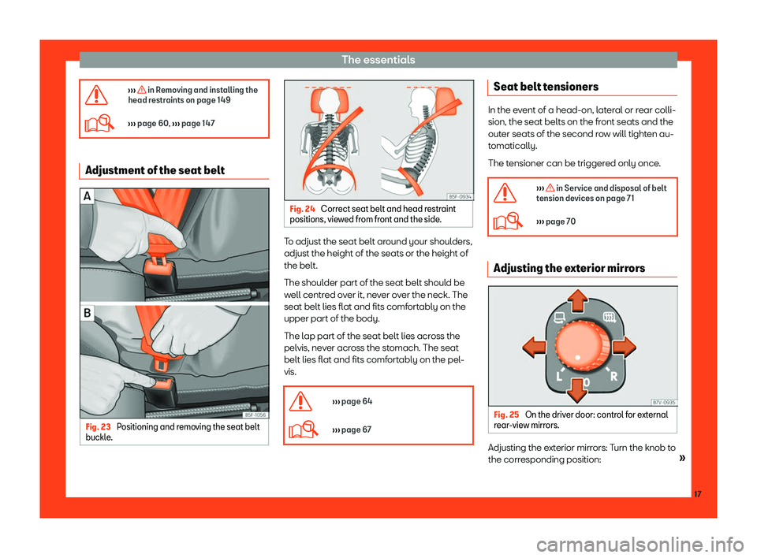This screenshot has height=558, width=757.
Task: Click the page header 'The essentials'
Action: pos(378,60)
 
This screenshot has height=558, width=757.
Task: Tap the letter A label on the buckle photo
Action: pos(88,196)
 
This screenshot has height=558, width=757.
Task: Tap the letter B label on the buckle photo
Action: pos(88,313)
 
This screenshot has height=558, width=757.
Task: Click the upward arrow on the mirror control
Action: pos(578,301)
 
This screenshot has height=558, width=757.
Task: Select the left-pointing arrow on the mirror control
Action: pos(535,348)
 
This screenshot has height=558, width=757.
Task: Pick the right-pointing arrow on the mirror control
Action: pos(625,347)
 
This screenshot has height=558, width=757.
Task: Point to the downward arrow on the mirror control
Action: pos(576,390)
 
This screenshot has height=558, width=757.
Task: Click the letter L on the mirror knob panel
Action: pos(559,376)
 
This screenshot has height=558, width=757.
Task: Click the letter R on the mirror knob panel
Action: pos(613,376)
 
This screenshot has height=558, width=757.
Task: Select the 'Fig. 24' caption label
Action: pos(302,209)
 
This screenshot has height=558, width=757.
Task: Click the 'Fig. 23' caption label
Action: pos(98,426)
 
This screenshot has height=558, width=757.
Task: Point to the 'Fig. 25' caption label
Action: pos(506,415)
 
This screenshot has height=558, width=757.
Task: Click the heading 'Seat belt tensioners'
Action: pos(546,87)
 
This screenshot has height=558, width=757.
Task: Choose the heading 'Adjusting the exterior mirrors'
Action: pos(569,269)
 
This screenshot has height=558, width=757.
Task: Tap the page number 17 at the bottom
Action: pos(697,494)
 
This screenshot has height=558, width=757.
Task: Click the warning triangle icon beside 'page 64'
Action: pos(300,402)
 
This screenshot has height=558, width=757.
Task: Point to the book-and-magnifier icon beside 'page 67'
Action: pos(303,429)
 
